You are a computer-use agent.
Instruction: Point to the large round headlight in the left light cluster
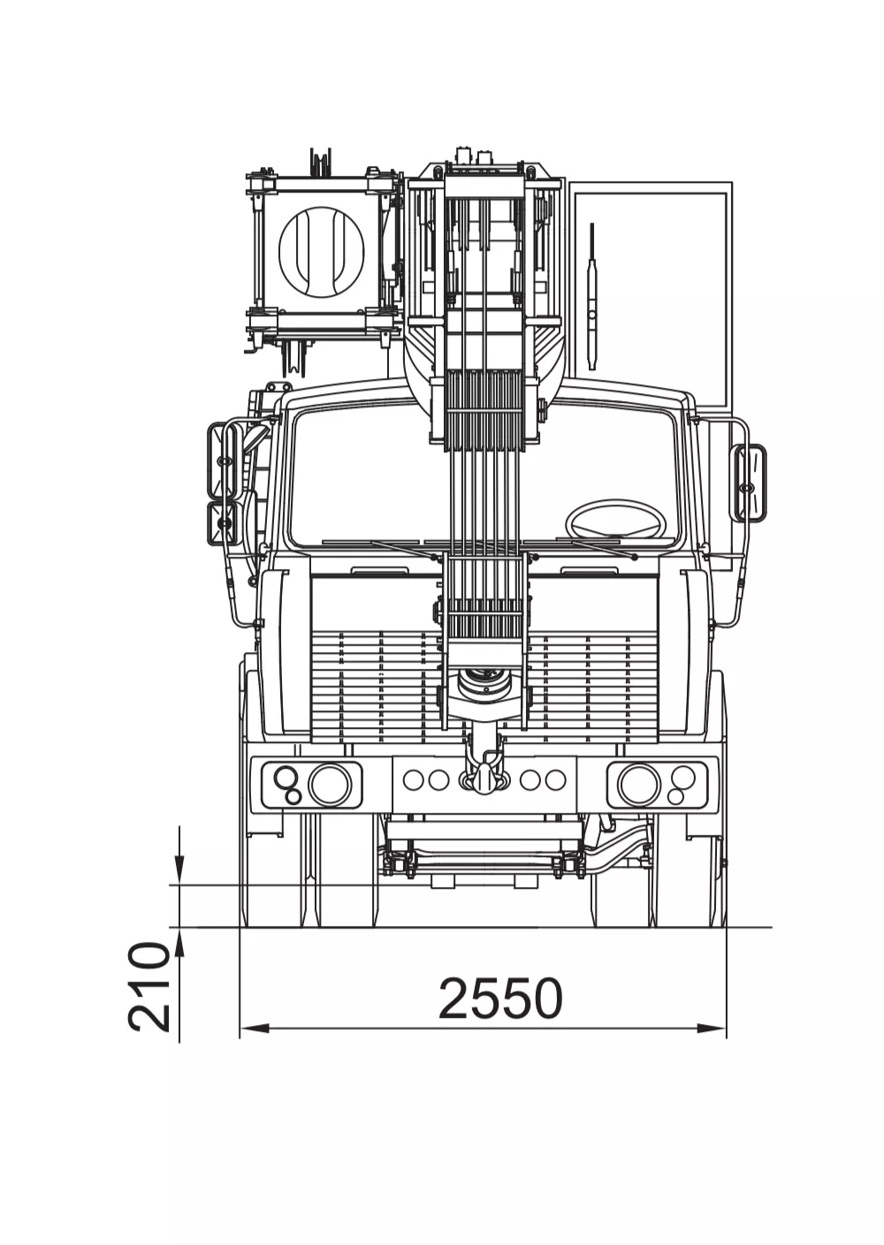click(x=331, y=784)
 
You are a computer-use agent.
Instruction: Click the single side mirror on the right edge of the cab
click(x=749, y=482)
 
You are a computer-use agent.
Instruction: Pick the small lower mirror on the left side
click(x=223, y=522)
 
